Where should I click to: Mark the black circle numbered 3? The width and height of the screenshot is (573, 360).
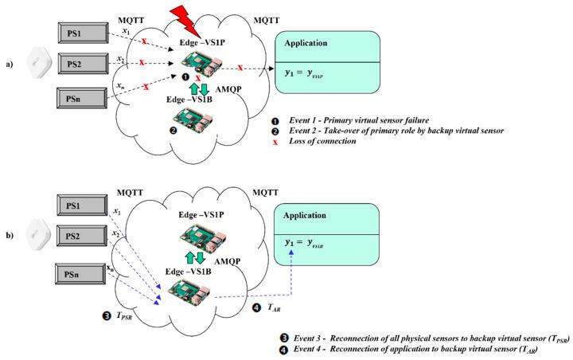pos(107,315)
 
